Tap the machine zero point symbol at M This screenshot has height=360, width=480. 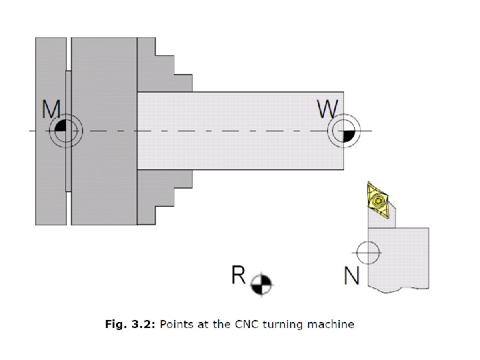65,129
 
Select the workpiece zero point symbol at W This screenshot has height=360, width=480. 344,130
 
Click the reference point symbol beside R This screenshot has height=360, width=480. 261,283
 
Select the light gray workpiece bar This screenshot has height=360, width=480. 240,130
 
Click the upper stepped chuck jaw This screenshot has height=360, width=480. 163,67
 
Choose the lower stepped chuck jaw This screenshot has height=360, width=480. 163,193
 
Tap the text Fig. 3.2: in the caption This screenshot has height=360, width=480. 129,325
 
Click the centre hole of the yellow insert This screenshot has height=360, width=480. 378,199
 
